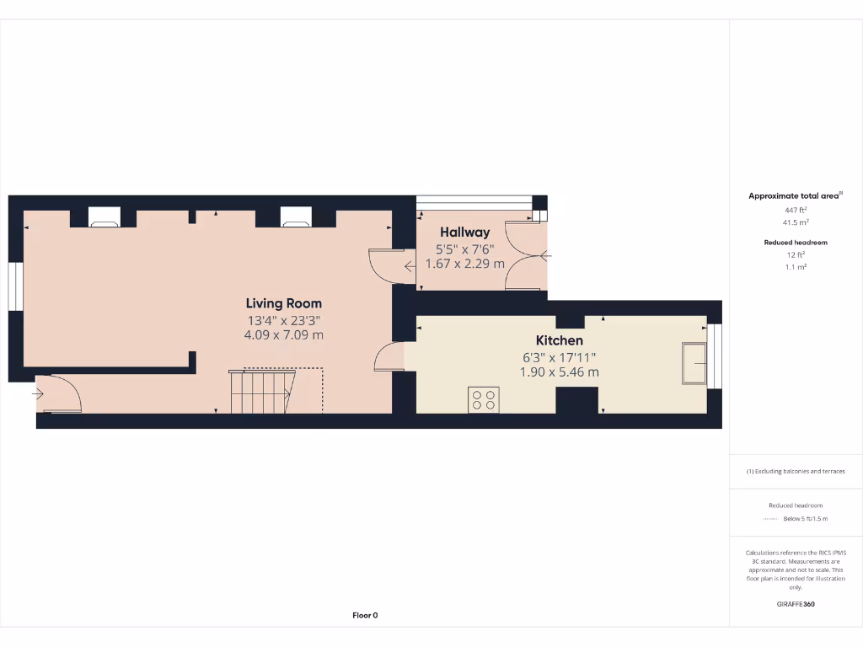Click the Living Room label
point(283,303)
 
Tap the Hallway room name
point(464,233)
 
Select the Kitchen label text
point(560,340)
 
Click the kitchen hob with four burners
point(483,399)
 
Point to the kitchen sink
point(694,362)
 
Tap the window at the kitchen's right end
point(716,357)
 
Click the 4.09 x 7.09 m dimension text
point(283,334)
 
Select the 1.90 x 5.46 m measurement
point(560,372)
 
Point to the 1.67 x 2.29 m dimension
point(464,264)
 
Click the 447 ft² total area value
point(796,211)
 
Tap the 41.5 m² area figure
point(796,223)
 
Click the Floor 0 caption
point(364,615)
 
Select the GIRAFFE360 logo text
point(796,604)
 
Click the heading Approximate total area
point(794,196)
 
